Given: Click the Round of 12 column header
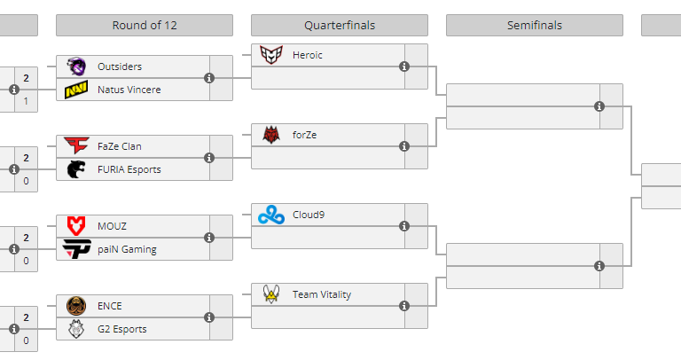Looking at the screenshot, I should (x=145, y=25).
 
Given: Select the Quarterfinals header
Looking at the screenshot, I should (x=339, y=25).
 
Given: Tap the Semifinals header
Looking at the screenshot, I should (x=534, y=25).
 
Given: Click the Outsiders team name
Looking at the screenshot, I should (x=120, y=67).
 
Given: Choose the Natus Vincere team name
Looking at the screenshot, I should (x=129, y=90).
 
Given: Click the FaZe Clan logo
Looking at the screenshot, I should (x=76, y=146).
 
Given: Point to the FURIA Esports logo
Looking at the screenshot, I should (x=76, y=169).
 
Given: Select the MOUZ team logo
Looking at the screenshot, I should (x=76, y=226).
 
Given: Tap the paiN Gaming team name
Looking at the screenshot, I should (x=127, y=249).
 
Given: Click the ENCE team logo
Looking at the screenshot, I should (x=76, y=306).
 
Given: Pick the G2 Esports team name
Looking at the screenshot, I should (x=122, y=329).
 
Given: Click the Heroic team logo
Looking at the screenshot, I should (x=270, y=55).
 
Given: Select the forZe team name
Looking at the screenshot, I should (x=305, y=135).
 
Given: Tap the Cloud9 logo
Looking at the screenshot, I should (x=270, y=215).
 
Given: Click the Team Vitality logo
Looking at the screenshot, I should (x=270, y=294).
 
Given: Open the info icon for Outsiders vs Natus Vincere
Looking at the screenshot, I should (x=209, y=78).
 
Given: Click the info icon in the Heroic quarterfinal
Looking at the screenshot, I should (x=404, y=67).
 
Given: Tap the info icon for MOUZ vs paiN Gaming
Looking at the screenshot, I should (x=209, y=238).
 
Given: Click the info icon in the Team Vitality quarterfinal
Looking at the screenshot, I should (x=404, y=306).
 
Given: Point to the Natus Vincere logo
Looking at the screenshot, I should (x=76, y=90).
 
